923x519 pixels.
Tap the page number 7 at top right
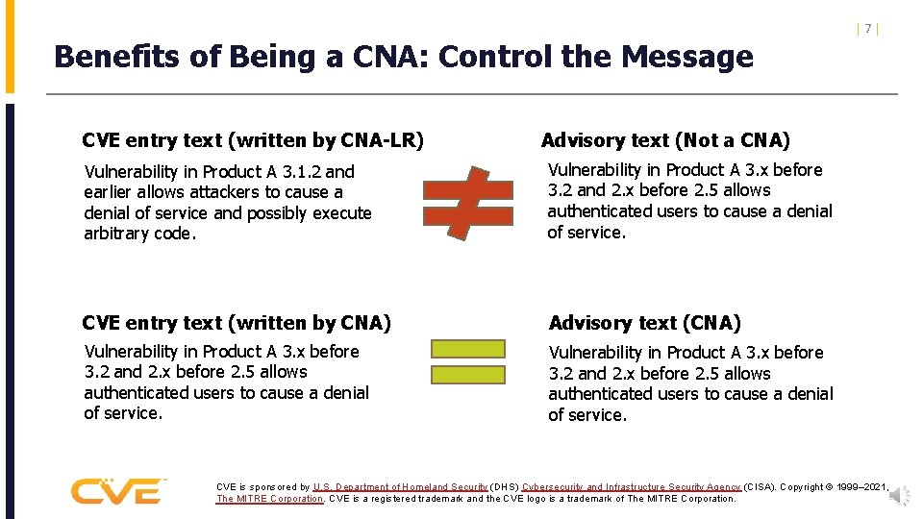(867, 29)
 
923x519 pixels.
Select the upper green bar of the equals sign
(467, 349)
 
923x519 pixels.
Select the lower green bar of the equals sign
(467, 375)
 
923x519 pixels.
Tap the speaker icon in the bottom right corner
(899, 496)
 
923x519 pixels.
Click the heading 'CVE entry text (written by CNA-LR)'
(253, 140)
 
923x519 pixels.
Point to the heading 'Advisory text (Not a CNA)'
(665, 140)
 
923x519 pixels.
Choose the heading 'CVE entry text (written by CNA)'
(237, 323)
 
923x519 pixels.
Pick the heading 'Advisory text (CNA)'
(644, 323)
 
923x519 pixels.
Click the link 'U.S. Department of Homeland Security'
(401, 487)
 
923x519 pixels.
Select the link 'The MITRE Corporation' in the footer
(269, 499)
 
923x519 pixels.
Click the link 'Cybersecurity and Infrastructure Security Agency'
(631, 487)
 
